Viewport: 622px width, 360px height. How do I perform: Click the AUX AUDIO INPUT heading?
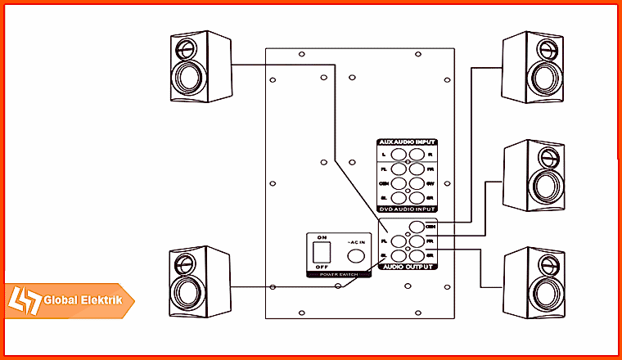[407, 142]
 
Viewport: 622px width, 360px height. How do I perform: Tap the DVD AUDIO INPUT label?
[407, 210]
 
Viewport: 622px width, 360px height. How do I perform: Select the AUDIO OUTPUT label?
[407, 267]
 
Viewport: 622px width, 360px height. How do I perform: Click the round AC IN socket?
[355, 254]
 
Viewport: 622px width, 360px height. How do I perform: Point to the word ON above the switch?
[321, 237]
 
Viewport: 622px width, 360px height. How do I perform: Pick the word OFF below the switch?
[321, 267]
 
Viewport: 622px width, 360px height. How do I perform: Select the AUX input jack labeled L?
[399, 153]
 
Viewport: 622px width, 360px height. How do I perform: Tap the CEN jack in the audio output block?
[417, 227]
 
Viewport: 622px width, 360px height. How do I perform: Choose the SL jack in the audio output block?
[399, 255]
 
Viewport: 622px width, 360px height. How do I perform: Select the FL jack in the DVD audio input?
[399, 168]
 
